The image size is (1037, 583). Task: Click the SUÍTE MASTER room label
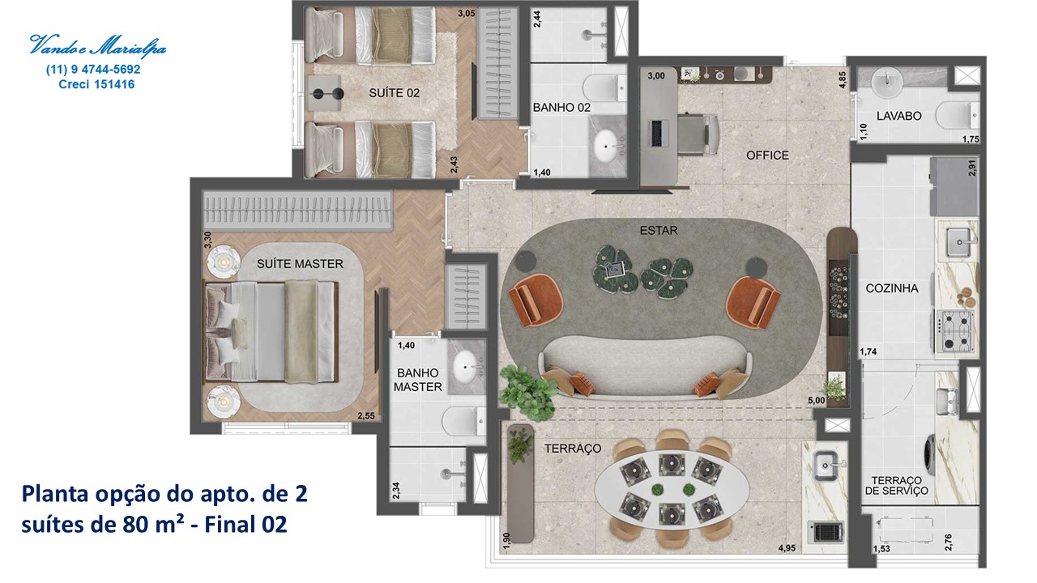(x=300, y=264)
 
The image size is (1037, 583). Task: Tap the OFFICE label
(x=767, y=155)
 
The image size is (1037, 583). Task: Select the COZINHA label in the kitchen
(x=892, y=288)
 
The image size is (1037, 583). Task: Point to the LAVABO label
(x=899, y=116)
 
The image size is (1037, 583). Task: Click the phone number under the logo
(x=93, y=70)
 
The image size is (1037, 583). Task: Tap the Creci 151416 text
(x=96, y=84)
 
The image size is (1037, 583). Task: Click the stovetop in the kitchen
(x=954, y=330)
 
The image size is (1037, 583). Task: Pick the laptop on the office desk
(x=657, y=134)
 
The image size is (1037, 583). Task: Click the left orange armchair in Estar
(x=536, y=300)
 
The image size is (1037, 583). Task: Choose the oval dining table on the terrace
(x=672, y=490)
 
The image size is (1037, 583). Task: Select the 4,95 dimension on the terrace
(x=787, y=548)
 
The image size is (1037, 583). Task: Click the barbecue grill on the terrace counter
(x=826, y=532)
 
